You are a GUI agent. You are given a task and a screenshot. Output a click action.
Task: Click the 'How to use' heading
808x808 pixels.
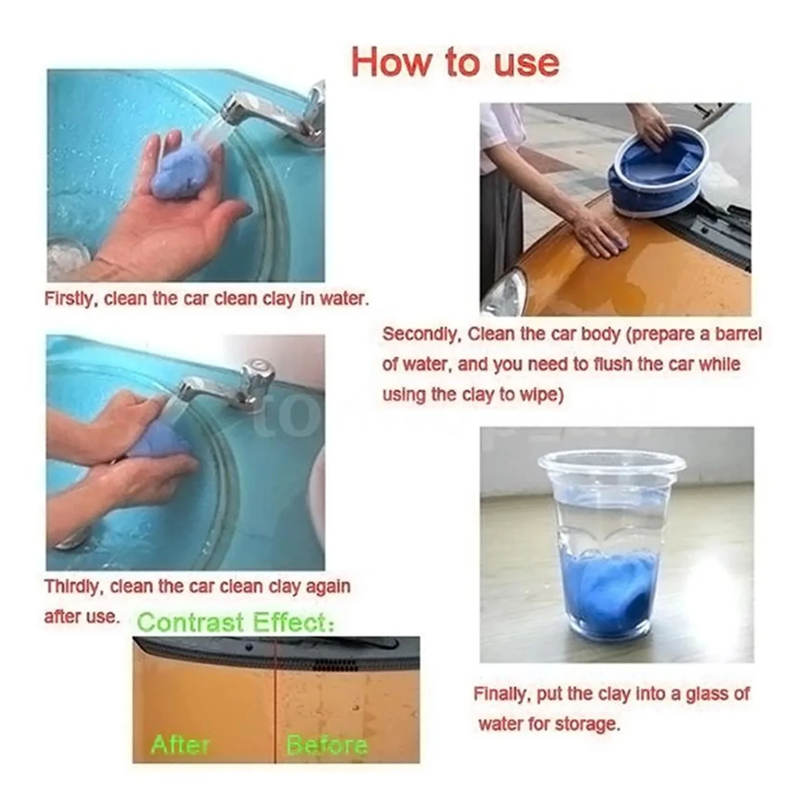455,63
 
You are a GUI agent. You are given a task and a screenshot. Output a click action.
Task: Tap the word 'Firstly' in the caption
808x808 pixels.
68,299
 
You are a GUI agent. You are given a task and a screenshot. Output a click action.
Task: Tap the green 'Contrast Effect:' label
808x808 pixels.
236,622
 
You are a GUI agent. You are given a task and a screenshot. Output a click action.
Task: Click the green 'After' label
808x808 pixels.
180,744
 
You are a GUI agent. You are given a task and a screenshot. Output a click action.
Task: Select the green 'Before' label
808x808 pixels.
327,745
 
